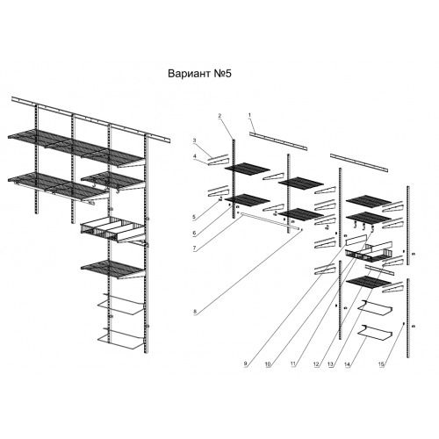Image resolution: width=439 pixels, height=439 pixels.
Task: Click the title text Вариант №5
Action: [x=199, y=74]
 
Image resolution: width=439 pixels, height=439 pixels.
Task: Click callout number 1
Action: [x=249, y=115]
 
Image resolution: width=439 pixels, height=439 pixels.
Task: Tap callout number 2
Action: [x=219, y=116]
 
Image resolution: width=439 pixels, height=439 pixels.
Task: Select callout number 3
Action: [x=194, y=140]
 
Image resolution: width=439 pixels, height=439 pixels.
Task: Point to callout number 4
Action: [x=194, y=156]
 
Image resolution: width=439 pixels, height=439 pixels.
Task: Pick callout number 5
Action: [x=194, y=217]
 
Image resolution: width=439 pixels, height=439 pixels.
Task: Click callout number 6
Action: [x=194, y=234]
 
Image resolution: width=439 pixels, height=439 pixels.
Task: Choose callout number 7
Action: [x=194, y=248]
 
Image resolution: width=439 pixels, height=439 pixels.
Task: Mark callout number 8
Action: [x=195, y=312]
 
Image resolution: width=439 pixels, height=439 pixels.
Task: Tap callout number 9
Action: [x=246, y=364]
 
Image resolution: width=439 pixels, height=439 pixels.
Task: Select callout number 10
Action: [x=268, y=364]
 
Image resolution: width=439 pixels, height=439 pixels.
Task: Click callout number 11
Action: [x=293, y=364]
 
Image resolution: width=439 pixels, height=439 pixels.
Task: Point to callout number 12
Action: [x=316, y=364]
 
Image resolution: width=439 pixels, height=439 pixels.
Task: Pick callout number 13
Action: [x=330, y=364]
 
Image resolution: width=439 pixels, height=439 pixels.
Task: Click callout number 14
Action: [x=348, y=364]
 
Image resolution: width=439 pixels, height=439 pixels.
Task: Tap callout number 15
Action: [x=381, y=364]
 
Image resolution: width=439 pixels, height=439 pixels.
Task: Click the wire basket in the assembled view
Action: [x=112, y=229]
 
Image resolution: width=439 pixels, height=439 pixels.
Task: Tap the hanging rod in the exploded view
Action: [x=270, y=221]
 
